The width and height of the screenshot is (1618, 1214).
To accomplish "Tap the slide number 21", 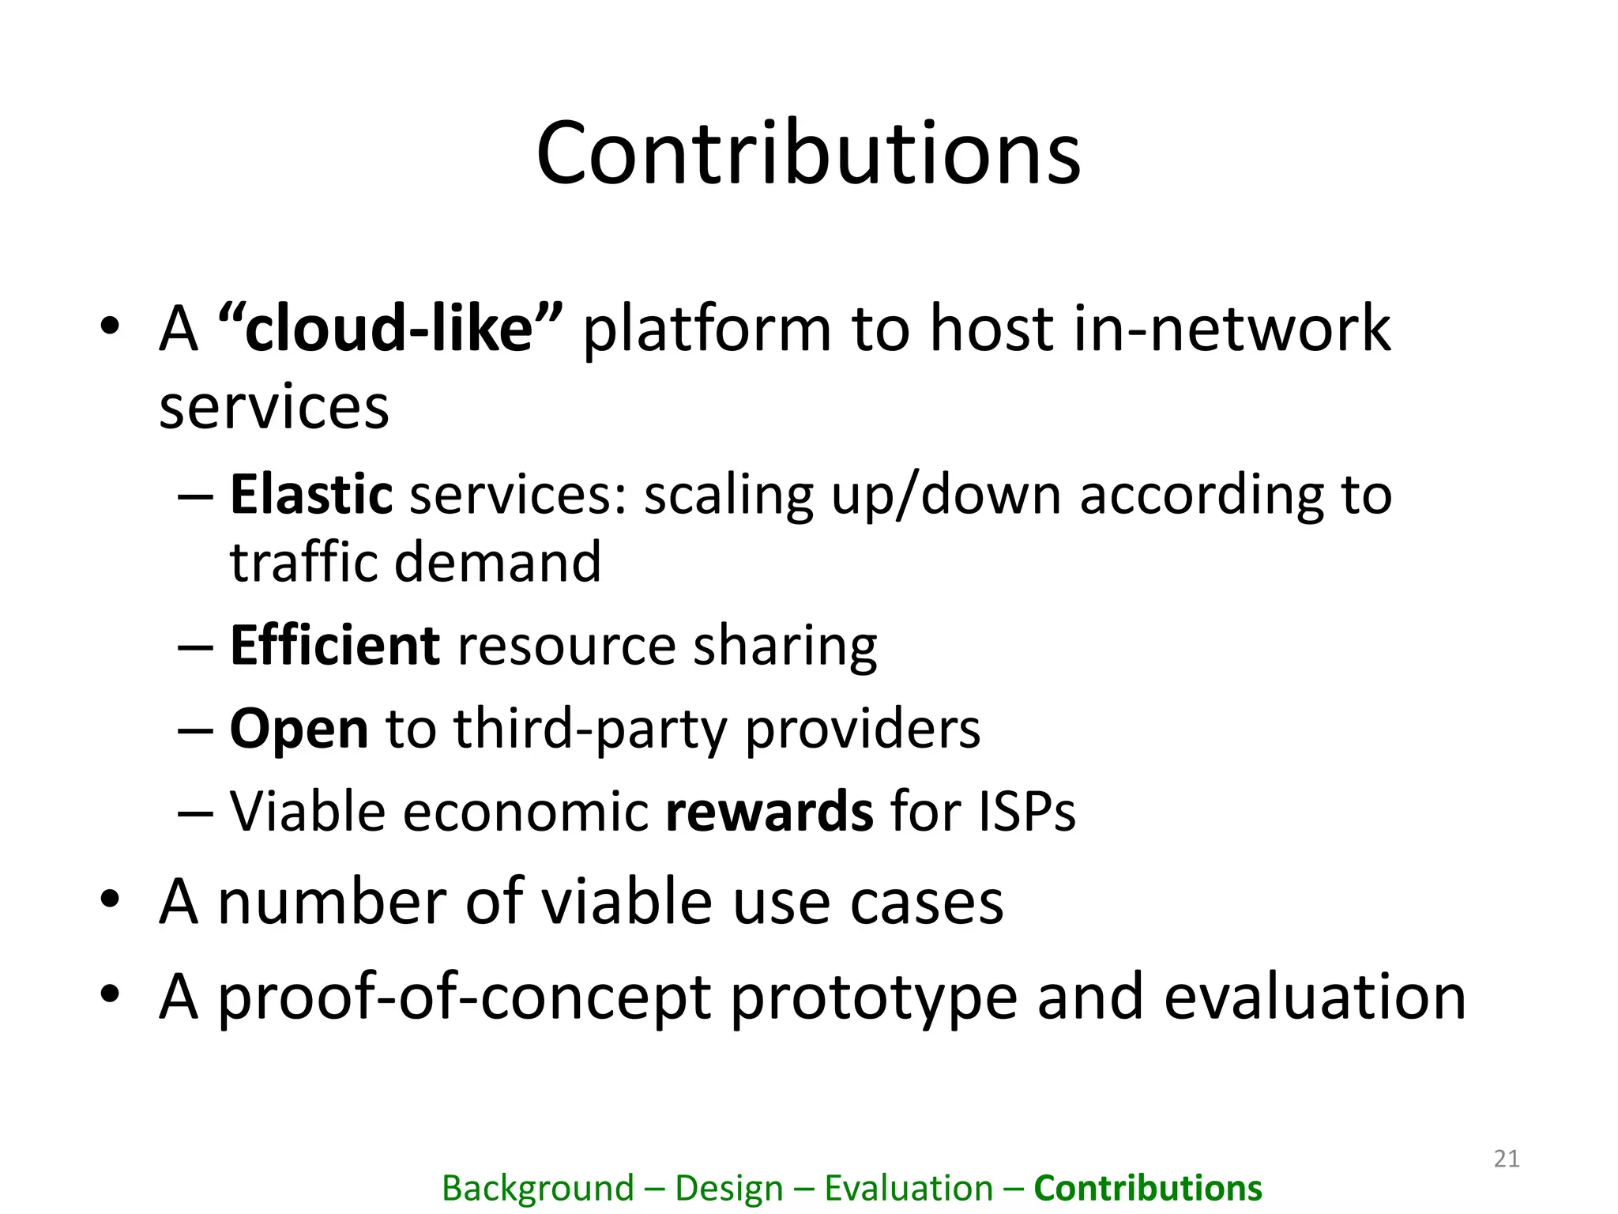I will [x=1507, y=1159].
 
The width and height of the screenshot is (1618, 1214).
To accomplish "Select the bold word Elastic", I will [x=310, y=495].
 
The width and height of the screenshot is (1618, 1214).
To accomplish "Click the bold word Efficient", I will [x=334, y=646].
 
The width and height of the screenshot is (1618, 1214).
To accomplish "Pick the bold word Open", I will [x=299, y=729].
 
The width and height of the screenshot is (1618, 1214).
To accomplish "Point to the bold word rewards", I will [x=769, y=812].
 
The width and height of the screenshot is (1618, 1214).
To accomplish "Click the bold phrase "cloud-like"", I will [x=389, y=328].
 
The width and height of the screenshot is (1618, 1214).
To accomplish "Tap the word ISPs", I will [x=1026, y=812].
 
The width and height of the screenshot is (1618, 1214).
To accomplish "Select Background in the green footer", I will [x=537, y=1188].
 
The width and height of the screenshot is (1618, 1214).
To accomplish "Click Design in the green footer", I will [x=728, y=1188].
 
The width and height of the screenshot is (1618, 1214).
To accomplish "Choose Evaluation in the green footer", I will [x=909, y=1188].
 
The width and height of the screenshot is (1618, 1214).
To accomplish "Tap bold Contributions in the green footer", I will [x=1147, y=1188].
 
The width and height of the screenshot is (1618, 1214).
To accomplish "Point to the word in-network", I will [x=1231, y=328].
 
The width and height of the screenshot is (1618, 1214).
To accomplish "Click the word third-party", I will [x=590, y=729].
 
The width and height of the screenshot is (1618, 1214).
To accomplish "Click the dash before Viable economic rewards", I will [x=195, y=812].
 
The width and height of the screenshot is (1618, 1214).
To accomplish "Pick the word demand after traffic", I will [x=497, y=562].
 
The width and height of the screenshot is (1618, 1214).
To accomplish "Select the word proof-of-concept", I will [x=465, y=998].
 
